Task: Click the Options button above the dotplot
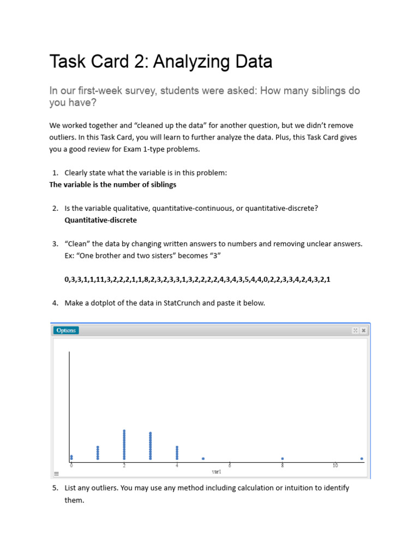click(66, 330)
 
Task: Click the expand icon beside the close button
click(355, 330)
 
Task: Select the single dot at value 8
click(283, 459)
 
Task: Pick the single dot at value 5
click(203, 459)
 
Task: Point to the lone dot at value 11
click(362, 459)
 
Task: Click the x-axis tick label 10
click(335, 466)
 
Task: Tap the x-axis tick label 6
click(230, 466)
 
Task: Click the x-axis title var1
click(217, 472)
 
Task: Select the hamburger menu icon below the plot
click(56, 474)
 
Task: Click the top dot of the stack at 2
click(124, 431)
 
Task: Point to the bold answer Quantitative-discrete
click(100, 220)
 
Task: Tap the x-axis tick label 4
click(177, 466)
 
